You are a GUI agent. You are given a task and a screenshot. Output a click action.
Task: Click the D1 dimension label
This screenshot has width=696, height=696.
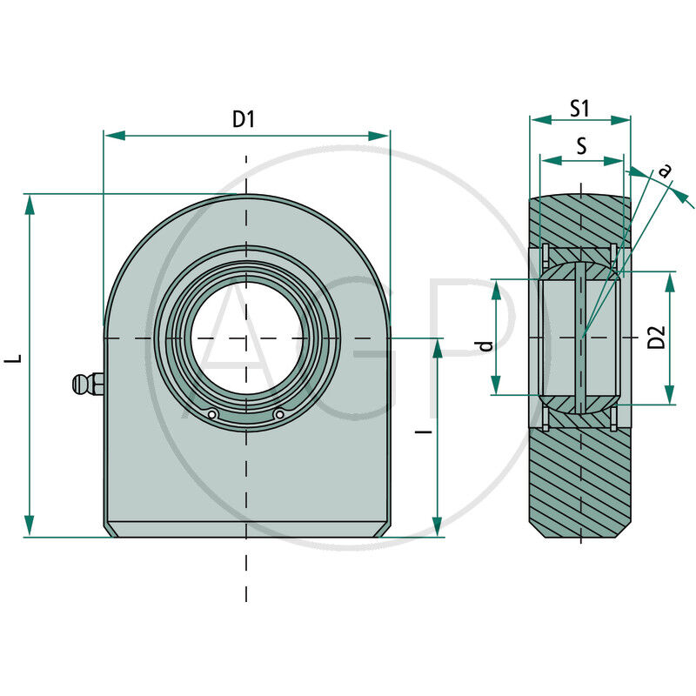pyautogui.click(x=244, y=120)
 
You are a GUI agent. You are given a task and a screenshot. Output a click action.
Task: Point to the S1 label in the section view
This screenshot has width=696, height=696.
pyautogui.click(x=580, y=108)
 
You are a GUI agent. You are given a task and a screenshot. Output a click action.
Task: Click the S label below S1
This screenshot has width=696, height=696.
pyautogui.click(x=581, y=146)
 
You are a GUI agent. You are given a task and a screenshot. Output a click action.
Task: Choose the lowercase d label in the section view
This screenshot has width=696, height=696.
pyautogui.click(x=486, y=345)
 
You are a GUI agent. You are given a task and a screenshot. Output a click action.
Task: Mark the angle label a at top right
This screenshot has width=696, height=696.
pyautogui.click(x=666, y=171)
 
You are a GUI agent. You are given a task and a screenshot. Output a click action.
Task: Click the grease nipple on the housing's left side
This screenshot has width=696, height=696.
pyautogui.click(x=84, y=384)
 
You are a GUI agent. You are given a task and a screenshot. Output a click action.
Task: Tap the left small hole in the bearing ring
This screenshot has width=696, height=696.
pyautogui.click(x=211, y=414)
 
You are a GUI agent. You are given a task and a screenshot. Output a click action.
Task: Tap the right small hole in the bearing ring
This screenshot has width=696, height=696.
pyautogui.click(x=278, y=415)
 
